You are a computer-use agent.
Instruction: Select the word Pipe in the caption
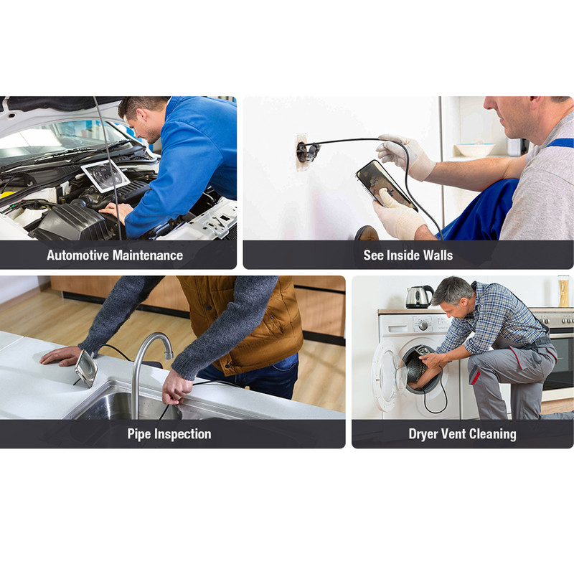[x=139, y=434]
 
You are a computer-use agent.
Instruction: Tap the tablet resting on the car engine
[x=105, y=176]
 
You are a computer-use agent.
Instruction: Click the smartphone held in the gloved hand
[x=386, y=186]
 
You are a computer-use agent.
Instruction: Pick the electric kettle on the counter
[x=419, y=296]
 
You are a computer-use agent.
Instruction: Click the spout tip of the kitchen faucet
[x=169, y=354]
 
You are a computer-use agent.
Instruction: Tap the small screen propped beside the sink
[x=86, y=368]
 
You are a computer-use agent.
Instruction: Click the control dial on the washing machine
[x=423, y=325]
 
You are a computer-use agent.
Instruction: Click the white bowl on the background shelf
[x=475, y=149]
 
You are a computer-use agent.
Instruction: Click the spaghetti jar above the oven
[x=563, y=291]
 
